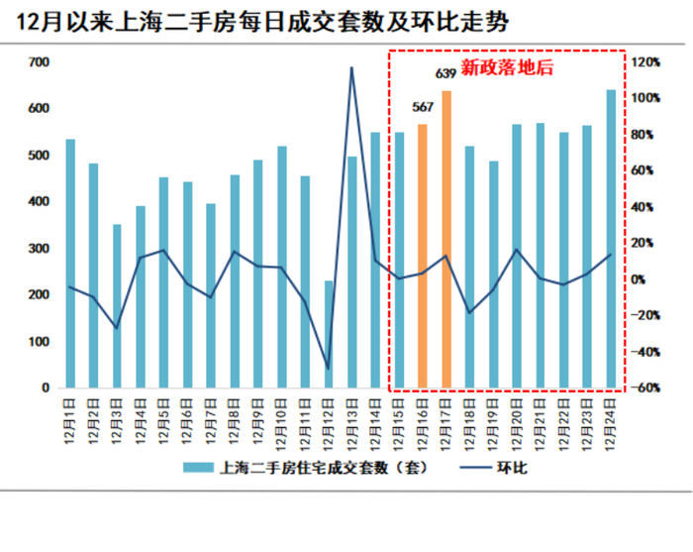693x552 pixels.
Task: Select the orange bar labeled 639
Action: point(446,238)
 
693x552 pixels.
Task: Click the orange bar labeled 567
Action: point(423,256)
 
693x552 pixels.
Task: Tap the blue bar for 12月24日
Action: point(611,238)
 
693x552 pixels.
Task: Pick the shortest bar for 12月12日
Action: point(329,334)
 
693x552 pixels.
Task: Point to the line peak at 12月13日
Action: point(351,68)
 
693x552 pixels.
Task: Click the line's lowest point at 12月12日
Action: point(329,369)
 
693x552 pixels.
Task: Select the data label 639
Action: point(446,73)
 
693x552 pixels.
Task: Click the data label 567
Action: point(423,107)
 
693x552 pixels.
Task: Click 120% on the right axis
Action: point(647,62)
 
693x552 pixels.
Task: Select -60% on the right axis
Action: point(647,388)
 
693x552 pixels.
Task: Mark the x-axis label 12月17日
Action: point(446,422)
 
